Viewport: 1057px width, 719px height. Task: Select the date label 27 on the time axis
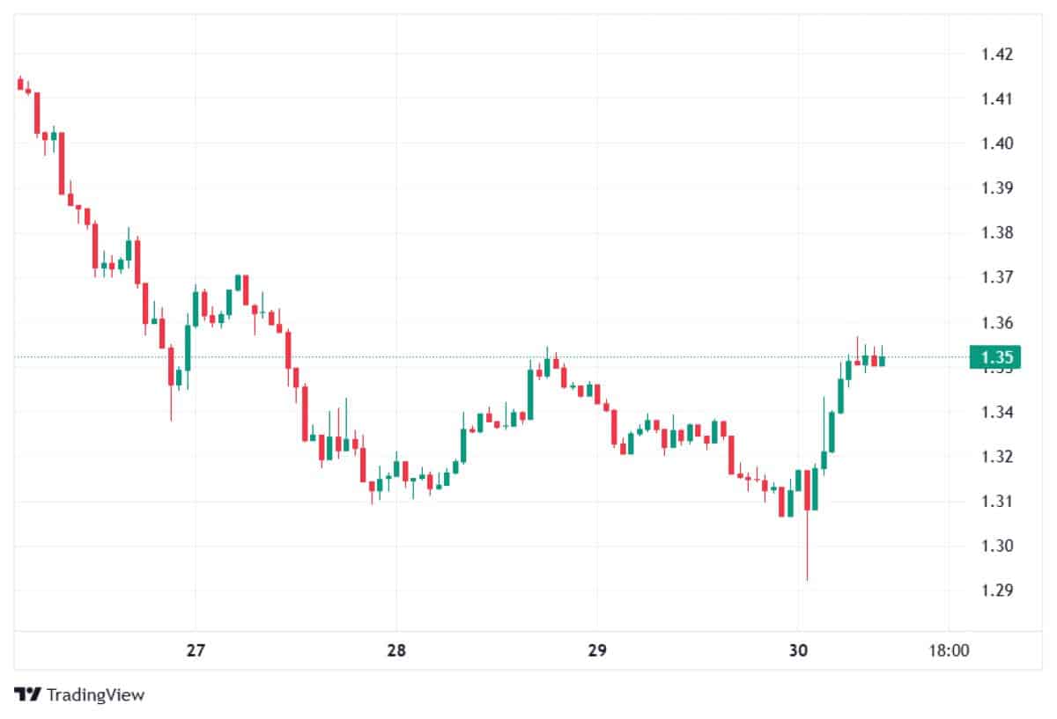(x=196, y=652)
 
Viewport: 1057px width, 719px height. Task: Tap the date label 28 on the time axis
(x=396, y=652)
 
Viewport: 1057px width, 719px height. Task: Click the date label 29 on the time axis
(x=597, y=652)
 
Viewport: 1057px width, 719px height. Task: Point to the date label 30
(x=798, y=652)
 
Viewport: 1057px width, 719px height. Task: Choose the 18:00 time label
(x=950, y=652)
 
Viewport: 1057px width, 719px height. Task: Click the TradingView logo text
(x=80, y=695)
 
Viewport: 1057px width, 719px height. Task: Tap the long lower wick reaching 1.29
(x=807, y=554)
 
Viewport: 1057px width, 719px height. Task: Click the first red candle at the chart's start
(x=20, y=84)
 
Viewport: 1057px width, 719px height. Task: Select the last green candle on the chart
(x=882, y=360)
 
